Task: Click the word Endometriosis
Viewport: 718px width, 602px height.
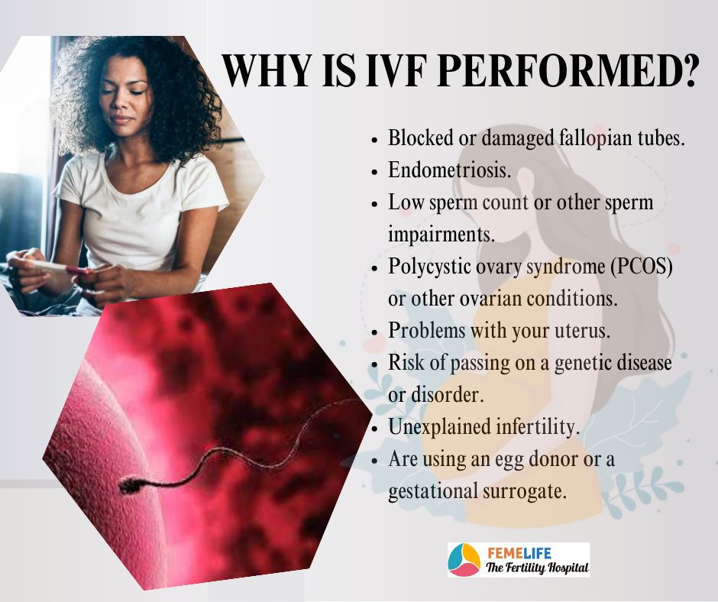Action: coord(450,170)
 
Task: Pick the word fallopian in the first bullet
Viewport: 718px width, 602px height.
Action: coord(595,138)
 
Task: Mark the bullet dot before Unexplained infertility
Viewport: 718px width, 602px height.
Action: coord(374,429)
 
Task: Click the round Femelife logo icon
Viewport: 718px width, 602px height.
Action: coord(464,560)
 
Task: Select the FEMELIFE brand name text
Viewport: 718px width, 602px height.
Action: coord(519,553)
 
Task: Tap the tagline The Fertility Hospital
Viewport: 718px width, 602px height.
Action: coord(537,568)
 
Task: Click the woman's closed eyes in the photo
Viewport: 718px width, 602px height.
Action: coord(124,88)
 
